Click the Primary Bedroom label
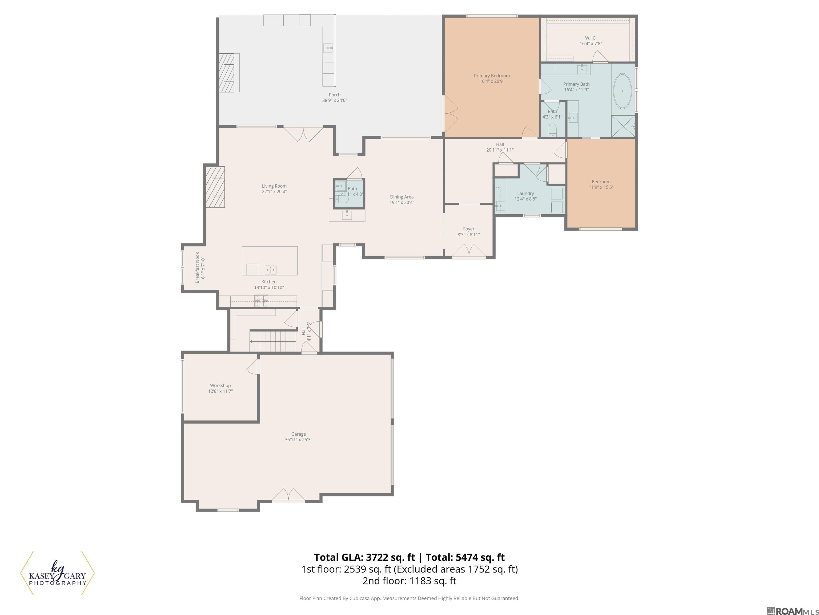point(492,76)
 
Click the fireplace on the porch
point(228,73)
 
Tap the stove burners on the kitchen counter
point(261,301)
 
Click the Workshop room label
point(220,385)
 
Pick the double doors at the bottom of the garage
point(288,495)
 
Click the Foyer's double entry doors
point(469,251)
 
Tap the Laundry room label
point(525,194)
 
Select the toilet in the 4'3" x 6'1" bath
point(552,129)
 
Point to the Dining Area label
point(402,197)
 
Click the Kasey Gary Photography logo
point(57,573)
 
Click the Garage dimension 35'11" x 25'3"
point(298,440)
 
